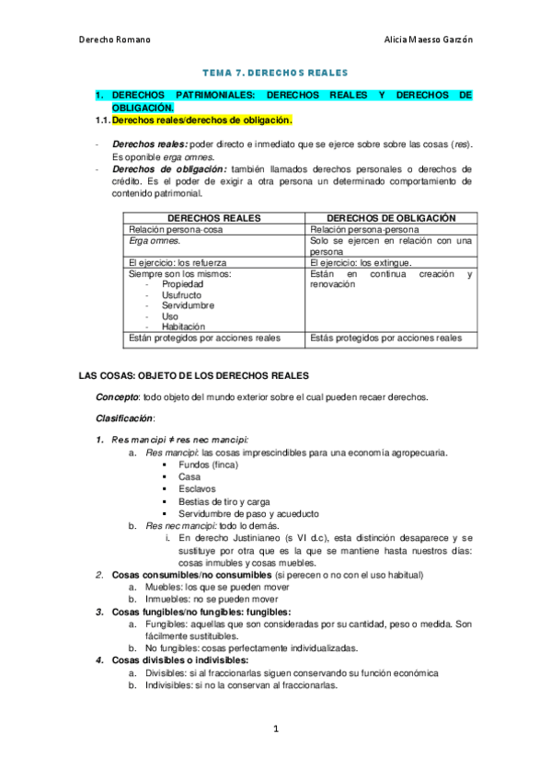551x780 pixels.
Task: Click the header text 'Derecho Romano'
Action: [115, 40]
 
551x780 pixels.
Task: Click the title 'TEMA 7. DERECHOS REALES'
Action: [276, 72]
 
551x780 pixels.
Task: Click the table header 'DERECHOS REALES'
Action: [214, 218]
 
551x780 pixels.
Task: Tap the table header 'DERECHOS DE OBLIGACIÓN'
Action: [391, 218]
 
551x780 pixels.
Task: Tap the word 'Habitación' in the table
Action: [184, 326]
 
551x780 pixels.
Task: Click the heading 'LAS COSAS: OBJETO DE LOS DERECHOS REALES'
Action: [194, 376]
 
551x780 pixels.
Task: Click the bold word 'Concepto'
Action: [117, 397]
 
